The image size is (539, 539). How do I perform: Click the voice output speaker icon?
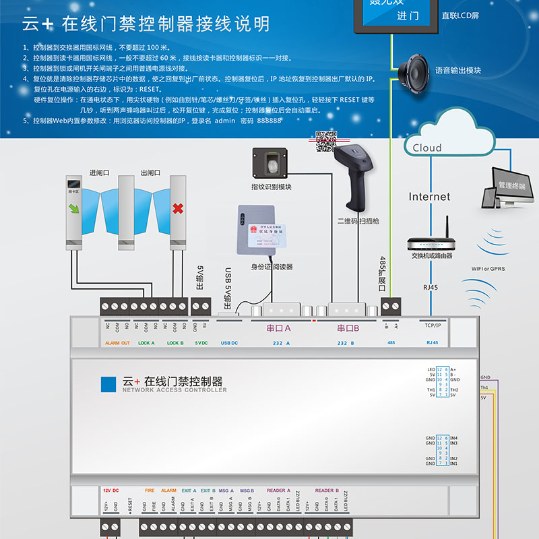(412, 69)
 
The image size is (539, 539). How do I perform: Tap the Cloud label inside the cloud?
(427, 148)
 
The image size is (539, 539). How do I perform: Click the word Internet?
(429, 197)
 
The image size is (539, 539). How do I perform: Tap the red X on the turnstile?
(178, 210)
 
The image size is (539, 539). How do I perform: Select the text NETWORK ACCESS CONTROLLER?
(175, 390)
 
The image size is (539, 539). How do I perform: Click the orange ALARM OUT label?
(117, 343)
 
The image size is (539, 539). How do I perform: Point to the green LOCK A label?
(146, 343)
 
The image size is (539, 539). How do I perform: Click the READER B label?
(327, 490)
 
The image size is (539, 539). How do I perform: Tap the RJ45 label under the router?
(430, 287)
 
